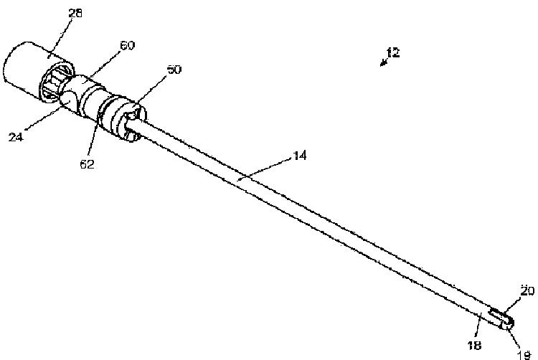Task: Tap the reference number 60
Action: pos(126,45)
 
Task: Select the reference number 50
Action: pos(174,70)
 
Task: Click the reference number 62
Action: pos(87,164)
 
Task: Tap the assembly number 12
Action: pos(392,52)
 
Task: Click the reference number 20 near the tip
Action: pos(527,291)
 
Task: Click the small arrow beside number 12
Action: pos(384,62)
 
